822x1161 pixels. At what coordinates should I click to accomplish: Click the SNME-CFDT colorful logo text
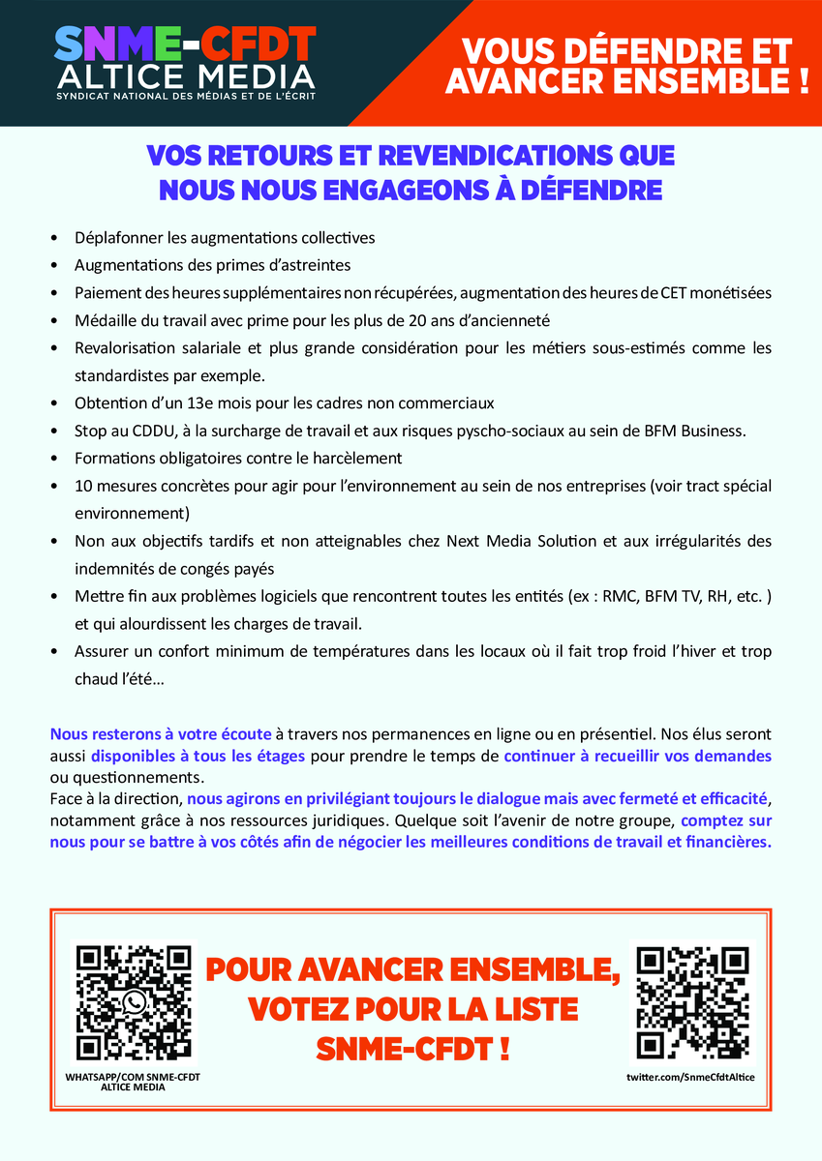(184, 44)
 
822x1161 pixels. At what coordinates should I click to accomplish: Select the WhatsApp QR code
(135, 1002)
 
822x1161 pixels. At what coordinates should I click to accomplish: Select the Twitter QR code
(691, 1002)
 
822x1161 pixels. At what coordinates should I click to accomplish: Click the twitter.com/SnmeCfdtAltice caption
(690, 1077)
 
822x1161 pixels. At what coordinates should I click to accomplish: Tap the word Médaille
(105, 320)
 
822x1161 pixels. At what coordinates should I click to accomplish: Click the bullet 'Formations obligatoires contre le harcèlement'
(238, 458)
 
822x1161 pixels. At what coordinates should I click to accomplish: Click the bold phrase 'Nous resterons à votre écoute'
(161, 734)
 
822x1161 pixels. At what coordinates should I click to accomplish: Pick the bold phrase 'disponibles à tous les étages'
(198, 755)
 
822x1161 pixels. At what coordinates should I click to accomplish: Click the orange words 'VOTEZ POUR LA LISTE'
(412, 1009)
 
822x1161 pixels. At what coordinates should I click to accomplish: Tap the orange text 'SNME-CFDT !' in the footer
(412, 1049)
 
